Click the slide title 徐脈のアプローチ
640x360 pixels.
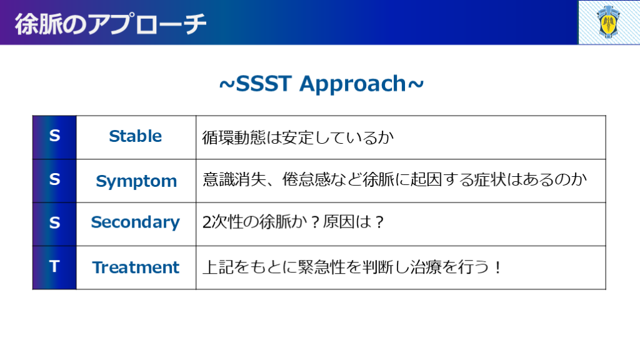click(110, 24)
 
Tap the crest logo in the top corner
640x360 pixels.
click(608, 22)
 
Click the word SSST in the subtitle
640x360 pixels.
click(264, 84)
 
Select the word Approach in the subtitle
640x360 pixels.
click(352, 84)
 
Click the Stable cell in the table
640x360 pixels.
click(136, 136)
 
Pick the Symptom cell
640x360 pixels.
click(136, 181)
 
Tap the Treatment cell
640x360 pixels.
click(136, 267)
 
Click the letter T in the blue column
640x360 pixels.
click(54, 266)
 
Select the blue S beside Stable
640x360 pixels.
click(54, 136)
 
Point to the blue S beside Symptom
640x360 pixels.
click(54, 179)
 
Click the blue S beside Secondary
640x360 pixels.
click(54, 223)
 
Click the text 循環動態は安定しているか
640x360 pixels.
click(298, 137)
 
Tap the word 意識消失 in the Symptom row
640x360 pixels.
click(234, 179)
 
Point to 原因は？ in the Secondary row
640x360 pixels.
click(354, 222)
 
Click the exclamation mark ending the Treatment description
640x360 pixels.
click(497, 267)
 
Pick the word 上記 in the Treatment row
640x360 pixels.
click(218, 267)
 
